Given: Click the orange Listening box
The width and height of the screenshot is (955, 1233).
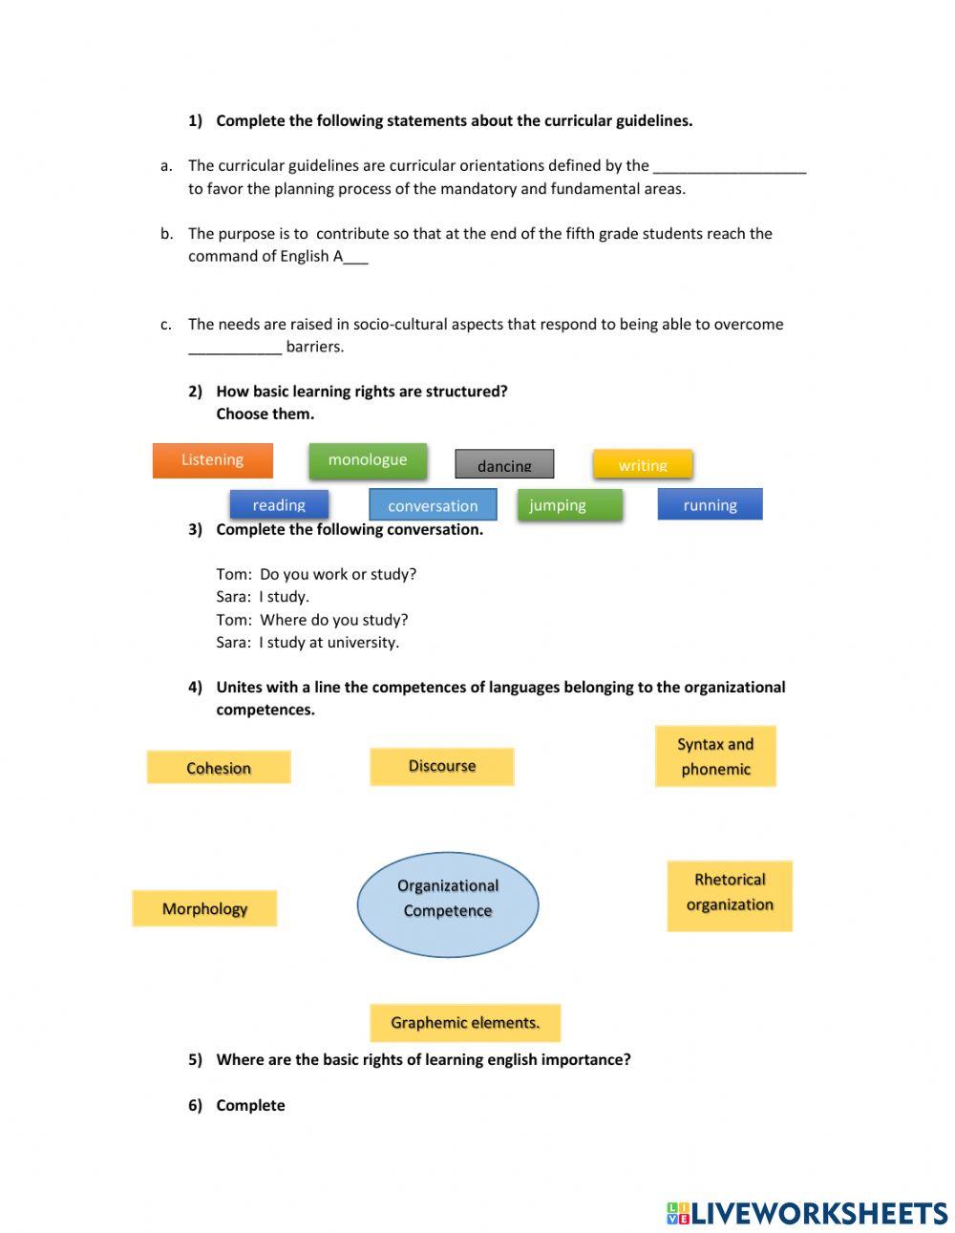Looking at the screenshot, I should pos(212,460).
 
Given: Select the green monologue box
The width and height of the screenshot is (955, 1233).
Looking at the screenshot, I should pos(368,460).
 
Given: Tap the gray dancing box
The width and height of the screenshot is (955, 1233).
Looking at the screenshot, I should pos(504,464).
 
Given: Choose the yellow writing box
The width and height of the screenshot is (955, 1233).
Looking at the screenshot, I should pos(643,464).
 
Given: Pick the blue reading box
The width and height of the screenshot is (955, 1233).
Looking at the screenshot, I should pos(279,504).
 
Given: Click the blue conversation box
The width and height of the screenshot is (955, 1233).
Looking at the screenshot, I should pos(433,505).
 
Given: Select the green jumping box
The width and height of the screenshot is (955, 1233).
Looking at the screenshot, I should pos(569,504).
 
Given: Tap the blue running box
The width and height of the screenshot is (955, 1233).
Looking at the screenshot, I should pos(710,504).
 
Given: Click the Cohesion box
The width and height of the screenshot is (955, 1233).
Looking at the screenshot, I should pos(219,768).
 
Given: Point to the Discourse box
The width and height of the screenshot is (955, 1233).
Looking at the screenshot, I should pos(441,766).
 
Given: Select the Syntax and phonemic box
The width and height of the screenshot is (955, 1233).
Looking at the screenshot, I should pos(715,756).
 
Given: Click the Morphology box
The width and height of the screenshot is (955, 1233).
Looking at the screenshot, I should pos(204,908).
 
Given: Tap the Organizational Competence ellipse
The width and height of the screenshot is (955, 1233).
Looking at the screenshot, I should pos(448,904).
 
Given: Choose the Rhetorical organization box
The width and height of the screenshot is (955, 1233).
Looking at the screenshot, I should pos(730,896).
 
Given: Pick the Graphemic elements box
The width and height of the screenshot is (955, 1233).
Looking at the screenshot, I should pos(465,1023).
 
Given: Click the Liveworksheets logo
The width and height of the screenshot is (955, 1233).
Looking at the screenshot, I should pos(807,1213).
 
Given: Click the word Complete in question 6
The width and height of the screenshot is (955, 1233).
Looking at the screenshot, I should pos(250,1105).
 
